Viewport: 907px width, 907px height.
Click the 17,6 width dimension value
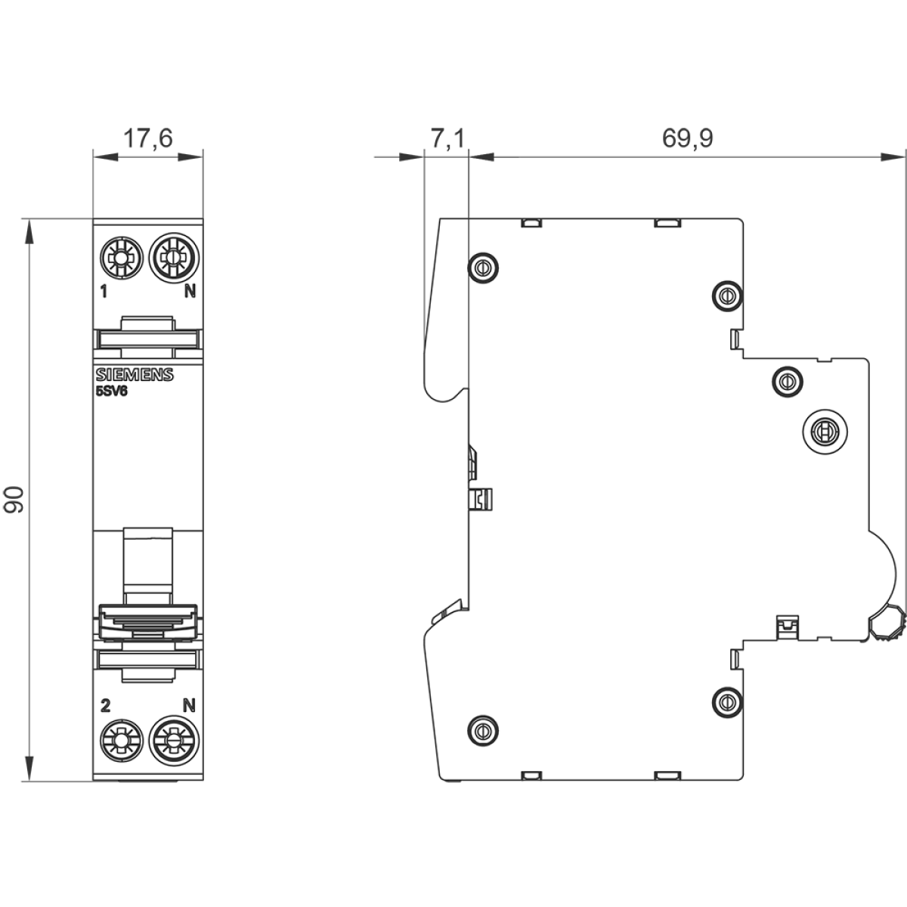click(x=148, y=138)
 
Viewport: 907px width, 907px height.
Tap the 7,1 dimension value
click(x=447, y=138)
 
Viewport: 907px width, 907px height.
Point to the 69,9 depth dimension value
click(x=688, y=138)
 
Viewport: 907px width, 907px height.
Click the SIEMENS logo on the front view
click(x=135, y=375)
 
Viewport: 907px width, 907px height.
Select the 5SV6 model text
click(x=112, y=392)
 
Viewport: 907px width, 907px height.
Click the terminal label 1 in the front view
click(x=104, y=292)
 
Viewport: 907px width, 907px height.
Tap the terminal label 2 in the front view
click(x=105, y=705)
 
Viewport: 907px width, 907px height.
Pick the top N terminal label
click(x=190, y=292)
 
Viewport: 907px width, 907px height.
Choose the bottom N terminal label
click(x=189, y=705)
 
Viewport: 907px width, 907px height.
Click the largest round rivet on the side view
click(x=825, y=430)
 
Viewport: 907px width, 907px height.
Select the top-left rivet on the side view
click(x=482, y=268)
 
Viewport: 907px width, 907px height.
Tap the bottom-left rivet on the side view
click(x=482, y=730)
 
